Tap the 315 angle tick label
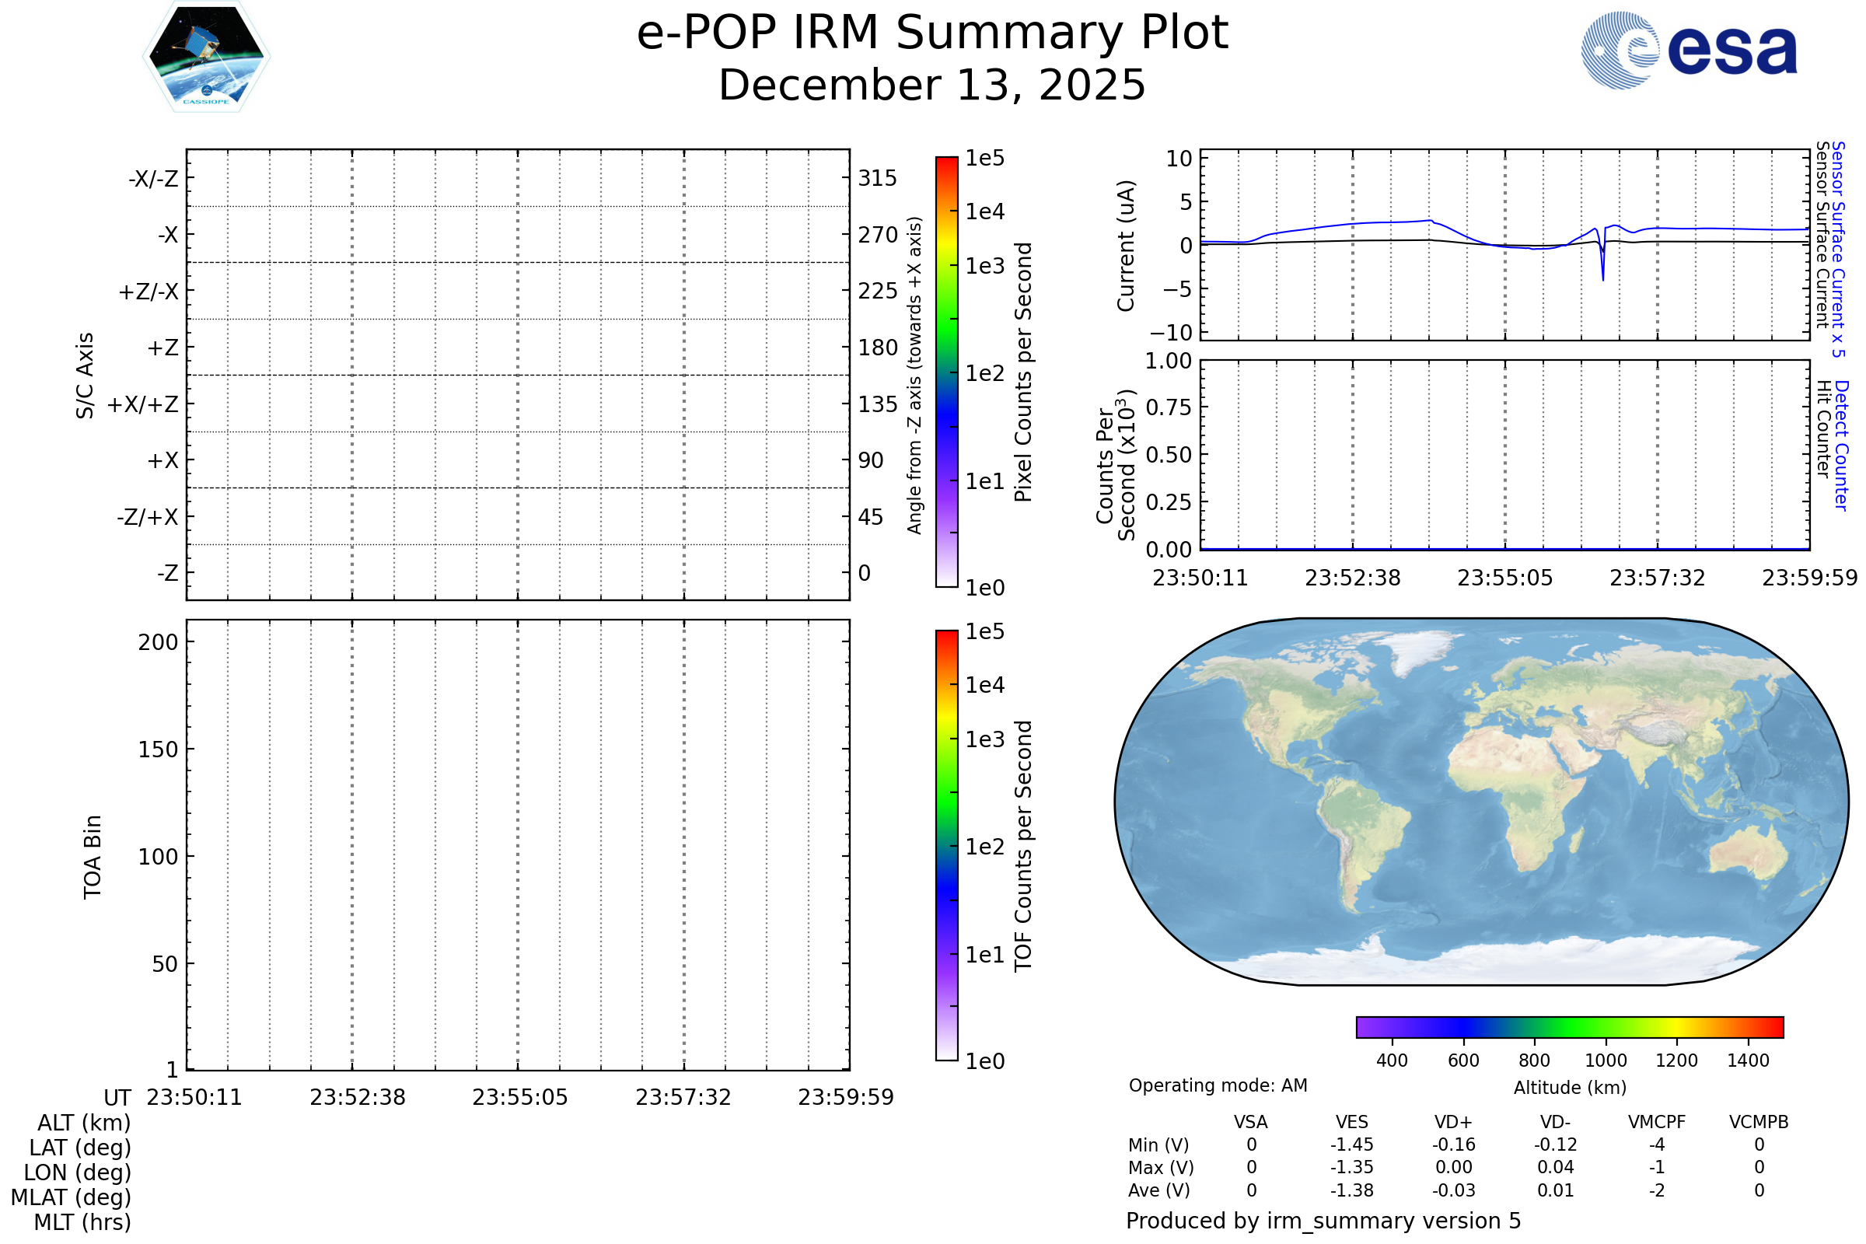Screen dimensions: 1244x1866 click(x=877, y=179)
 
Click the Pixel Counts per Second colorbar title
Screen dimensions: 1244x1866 click(x=1023, y=372)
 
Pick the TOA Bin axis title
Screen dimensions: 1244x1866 click(x=93, y=857)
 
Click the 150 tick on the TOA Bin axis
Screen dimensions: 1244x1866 click(x=158, y=750)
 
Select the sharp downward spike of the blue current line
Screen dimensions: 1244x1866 click(x=1602, y=277)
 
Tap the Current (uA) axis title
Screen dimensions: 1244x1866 click(x=1126, y=246)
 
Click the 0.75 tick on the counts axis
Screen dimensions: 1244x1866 click(x=1168, y=407)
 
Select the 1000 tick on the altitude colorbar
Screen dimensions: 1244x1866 click(x=1606, y=1061)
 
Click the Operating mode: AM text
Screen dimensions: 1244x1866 click(x=1218, y=1085)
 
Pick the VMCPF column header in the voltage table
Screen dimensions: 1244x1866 click(x=1657, y=1123)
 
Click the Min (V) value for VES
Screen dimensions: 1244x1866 click(x=1352, y=1144)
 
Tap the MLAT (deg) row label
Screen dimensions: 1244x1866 click(x=72, y=1197)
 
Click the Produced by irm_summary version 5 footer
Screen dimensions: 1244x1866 click(x=1323, y=1221)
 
